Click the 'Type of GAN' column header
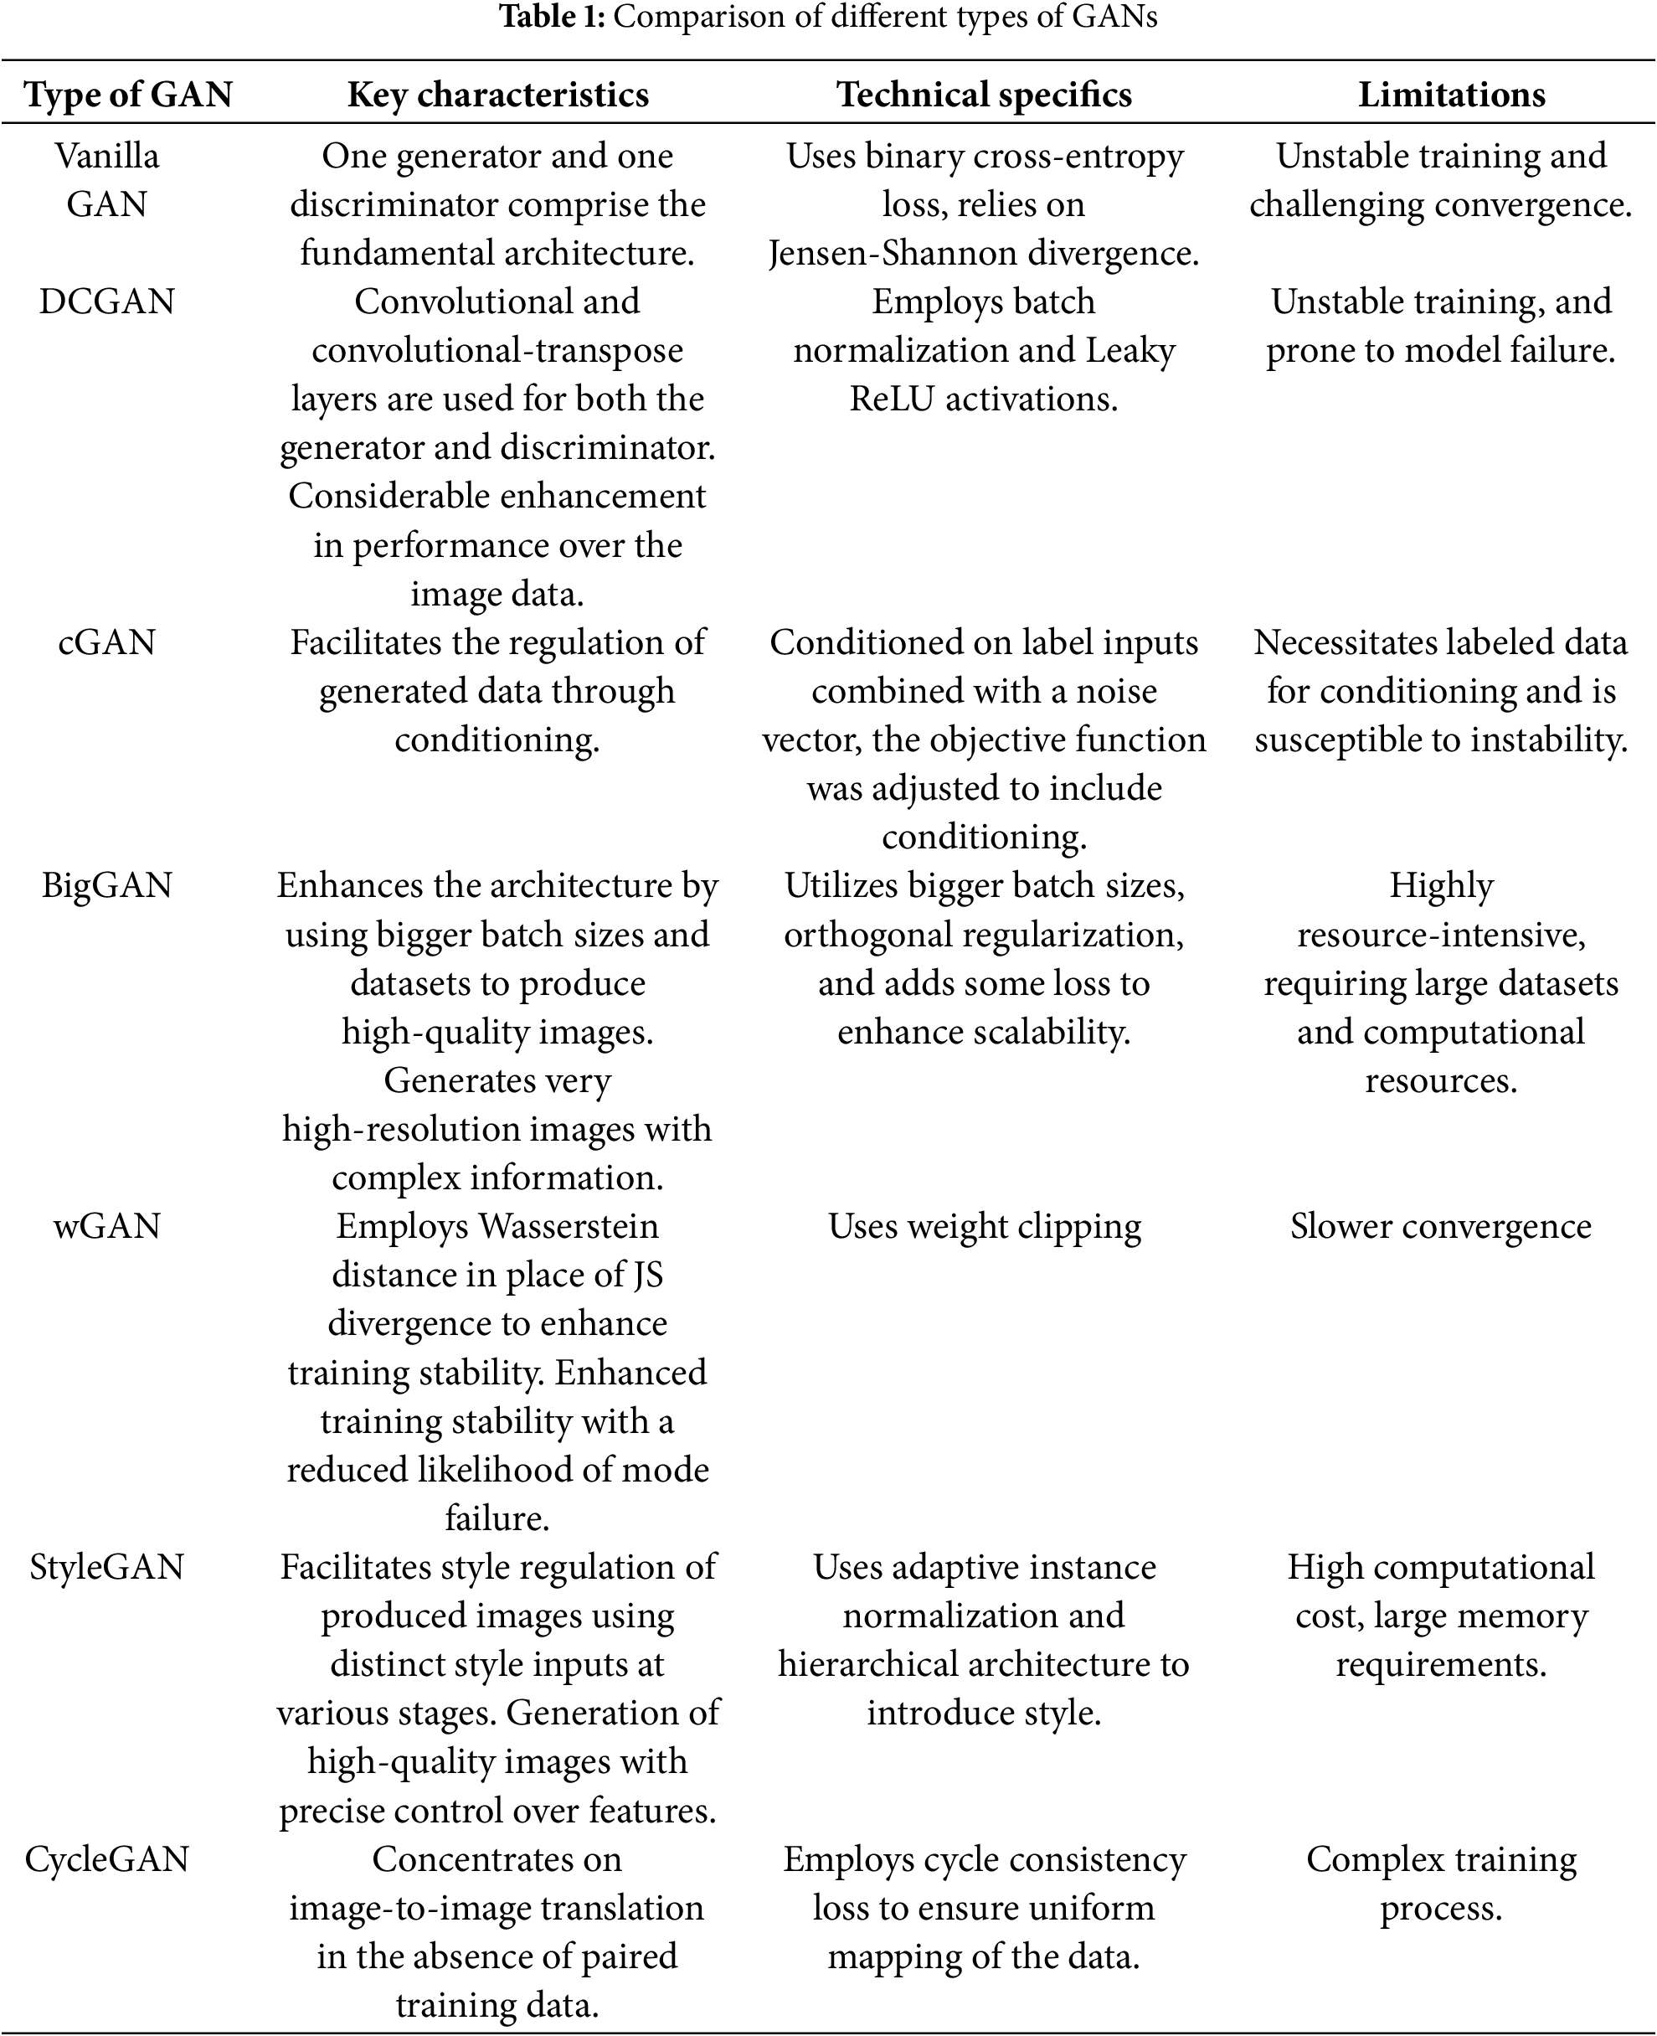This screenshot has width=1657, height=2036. coord(128,95)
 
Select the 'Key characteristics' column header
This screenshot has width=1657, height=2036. coord(497,95)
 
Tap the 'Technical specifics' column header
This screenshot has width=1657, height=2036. coord(984,95)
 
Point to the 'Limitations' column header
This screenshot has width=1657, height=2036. coord(1452,95)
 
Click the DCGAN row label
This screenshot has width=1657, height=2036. coord(107,302)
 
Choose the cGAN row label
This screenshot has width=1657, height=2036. coord(107,642)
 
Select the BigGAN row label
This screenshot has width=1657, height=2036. coord(107,886)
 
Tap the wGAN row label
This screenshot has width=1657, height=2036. coord(107,1225)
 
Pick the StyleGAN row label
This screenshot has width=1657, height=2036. coord(107,1566)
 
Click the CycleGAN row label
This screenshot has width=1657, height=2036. coord(107,1858)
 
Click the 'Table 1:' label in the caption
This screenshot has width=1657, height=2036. coord(552,18)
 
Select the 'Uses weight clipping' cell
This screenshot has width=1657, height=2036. coord(984,1225)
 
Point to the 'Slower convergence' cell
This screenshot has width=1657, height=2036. coord(1440,1225)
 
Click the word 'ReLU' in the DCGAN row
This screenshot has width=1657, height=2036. coord(892,399)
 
